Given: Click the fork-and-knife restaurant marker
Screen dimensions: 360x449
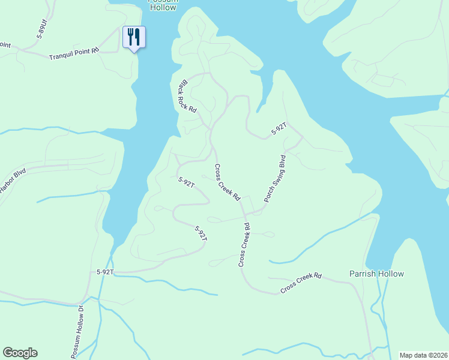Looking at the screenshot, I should coord(133,37).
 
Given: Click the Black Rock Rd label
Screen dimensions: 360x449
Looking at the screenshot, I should coord(187,97).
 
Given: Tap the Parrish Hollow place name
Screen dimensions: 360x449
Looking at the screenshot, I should coord(376,274).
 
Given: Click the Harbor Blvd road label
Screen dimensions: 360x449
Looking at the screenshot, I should coord(12,181).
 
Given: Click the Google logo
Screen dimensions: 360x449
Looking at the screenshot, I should coord(20,353).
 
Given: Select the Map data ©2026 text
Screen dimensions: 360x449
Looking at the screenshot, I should coord(423,355).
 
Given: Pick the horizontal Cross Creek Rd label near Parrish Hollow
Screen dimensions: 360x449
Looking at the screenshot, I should coord(301,284).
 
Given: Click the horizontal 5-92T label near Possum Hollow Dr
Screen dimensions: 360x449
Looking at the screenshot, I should coord(105,272).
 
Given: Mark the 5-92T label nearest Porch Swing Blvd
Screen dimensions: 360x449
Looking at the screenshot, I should coord(280,128).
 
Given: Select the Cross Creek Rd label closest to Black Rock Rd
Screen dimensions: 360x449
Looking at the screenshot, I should coord(228,182).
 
